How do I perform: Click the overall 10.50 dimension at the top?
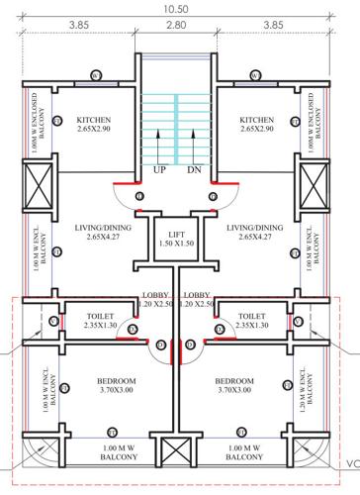pos(177,9)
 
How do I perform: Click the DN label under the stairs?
pos(194,169)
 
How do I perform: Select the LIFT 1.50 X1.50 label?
pos(177,239)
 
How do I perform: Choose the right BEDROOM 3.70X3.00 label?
pos(244,386)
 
